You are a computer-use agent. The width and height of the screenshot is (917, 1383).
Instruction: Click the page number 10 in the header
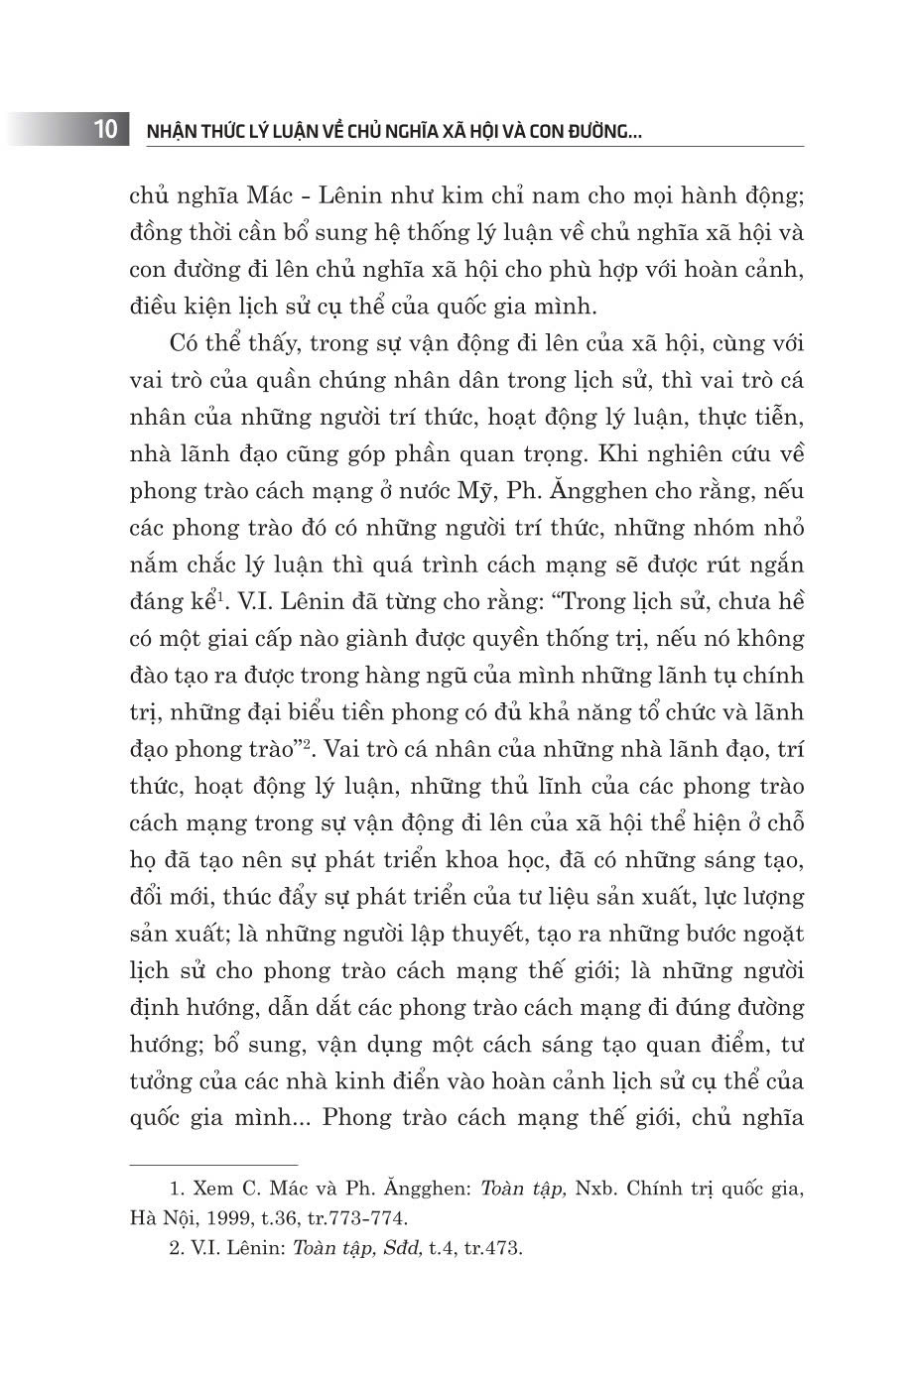click(106, 129)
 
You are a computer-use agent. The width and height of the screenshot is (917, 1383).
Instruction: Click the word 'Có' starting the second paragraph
click(185, 343)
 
